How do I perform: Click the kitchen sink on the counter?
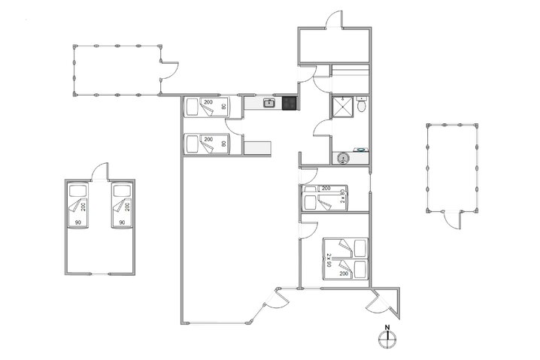coord(268,104)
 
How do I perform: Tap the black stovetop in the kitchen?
coord(289,104)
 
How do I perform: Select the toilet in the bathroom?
coord(363,106)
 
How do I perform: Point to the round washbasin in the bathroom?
coord(344,158)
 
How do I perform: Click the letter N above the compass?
coord(387,327)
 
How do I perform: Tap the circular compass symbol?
coord(387,338)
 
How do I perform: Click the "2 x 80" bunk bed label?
coord(342,198)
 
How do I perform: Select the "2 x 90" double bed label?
coord(330,260)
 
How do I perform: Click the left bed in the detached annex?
coord(79,208)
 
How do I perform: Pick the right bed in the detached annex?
coord(120,208)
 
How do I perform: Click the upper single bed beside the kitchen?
coord(211,107)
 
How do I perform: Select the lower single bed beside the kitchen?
coord(211,144)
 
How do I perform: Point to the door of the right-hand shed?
coord(452,219)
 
